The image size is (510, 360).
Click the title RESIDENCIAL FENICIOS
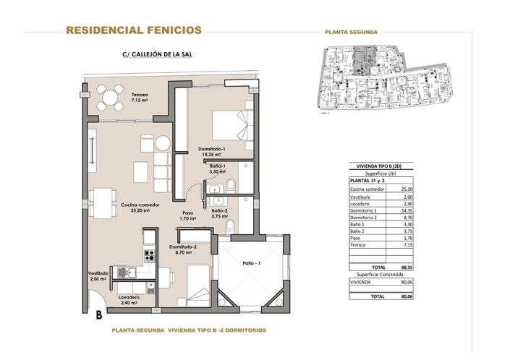tap(134, 30)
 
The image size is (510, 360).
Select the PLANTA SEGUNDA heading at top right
tap(352, 32)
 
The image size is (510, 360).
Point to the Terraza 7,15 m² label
tap(140, 98)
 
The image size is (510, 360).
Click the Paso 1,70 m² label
tap(188, 215)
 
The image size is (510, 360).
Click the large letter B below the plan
tap(98, 314)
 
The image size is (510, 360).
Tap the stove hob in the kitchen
tap(149, 255)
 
